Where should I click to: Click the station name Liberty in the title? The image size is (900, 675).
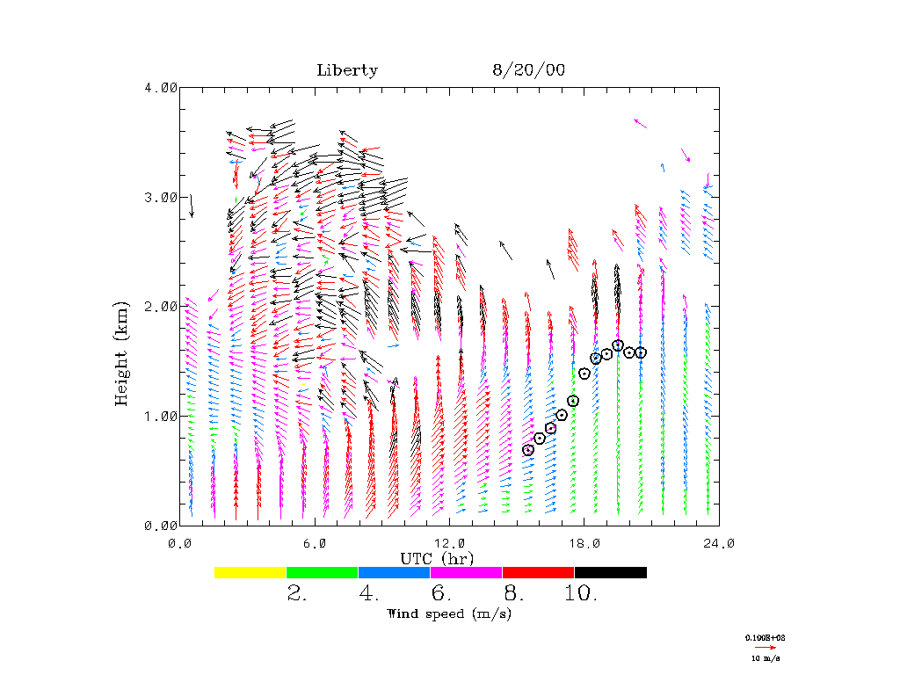coord(347,71)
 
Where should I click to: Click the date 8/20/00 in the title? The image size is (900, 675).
coord(528,71)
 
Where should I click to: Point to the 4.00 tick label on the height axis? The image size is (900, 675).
coord(160,88)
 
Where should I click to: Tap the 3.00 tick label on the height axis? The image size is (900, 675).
coord(160,197)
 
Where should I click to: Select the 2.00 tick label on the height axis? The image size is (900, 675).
coord(160,306)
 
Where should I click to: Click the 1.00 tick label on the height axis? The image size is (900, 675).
coord(160,416)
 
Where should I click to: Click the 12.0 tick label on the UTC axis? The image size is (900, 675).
coord(449,543)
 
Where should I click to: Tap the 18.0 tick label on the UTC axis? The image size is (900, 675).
coord(584,543)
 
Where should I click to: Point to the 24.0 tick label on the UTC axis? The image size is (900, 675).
coord(718,543)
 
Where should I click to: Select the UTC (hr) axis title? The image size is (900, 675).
coord(437,558)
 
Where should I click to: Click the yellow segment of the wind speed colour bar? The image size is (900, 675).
coord(250,572)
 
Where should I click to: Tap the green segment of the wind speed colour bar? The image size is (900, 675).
coord(323,572)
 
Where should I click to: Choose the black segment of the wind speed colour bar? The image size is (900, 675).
coord(611,572)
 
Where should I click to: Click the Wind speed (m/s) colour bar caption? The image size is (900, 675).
coord(449,613)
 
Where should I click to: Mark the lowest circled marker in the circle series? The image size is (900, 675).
coord(528,450)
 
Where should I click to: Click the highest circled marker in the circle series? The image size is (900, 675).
coord(618,345)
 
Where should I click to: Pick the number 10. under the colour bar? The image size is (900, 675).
coord(581,594)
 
